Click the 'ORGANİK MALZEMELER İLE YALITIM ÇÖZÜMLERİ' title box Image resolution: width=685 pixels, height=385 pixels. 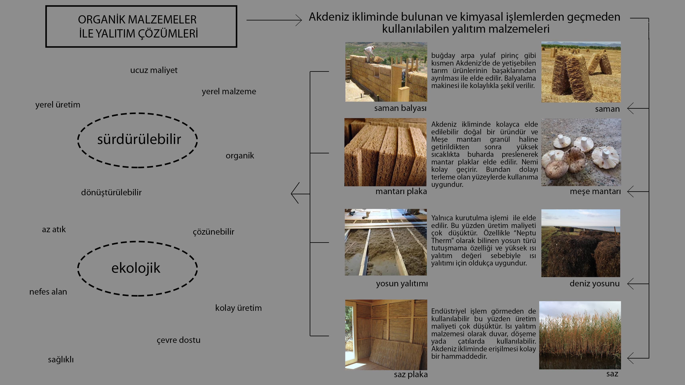141,27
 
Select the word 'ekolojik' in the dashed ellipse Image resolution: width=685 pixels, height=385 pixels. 136,268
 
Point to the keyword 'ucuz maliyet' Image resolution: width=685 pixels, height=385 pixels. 154,70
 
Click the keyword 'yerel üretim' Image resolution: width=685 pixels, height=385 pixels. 58,105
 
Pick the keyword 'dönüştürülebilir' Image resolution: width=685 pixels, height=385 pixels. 111,192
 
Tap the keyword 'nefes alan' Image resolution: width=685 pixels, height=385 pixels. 48,292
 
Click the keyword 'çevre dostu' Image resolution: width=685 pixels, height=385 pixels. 179,340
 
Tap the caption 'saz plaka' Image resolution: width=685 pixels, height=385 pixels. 411,375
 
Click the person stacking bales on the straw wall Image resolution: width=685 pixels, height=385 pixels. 369,53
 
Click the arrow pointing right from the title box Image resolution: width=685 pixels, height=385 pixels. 274,20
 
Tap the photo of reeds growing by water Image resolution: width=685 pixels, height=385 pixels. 580,335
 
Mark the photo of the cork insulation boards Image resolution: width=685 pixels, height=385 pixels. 385,152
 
